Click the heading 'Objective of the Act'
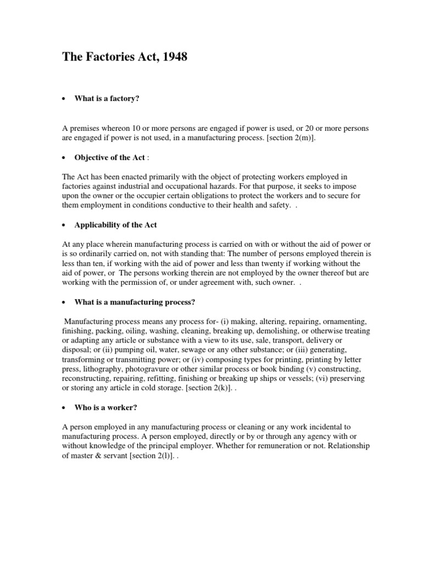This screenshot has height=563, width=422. [110, 157]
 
